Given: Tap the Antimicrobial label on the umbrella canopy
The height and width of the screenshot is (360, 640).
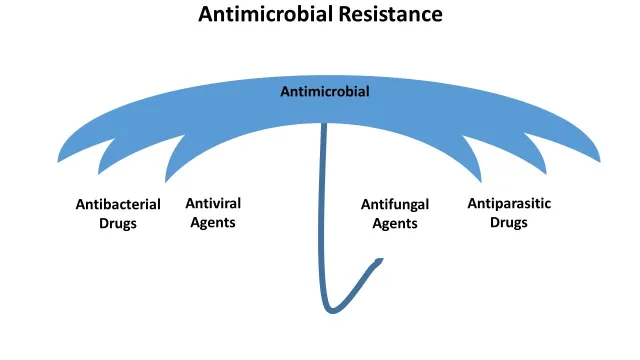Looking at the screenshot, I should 325,92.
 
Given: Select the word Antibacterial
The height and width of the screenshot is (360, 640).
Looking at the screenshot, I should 118,204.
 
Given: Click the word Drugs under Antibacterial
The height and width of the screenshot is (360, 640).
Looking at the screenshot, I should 118,223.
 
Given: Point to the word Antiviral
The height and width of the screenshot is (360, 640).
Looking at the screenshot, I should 213,203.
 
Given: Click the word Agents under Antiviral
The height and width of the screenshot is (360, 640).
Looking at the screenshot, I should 213,222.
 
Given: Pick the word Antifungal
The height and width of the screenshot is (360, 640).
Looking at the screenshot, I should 395,204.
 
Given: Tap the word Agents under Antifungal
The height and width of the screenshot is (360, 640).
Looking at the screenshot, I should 395,223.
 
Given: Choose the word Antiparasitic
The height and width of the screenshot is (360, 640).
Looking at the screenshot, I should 509,203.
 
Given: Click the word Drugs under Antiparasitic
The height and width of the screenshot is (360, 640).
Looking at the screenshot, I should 509,222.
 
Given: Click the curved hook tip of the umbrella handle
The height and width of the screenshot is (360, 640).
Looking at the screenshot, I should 380,261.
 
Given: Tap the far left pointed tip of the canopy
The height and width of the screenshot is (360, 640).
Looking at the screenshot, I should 59,161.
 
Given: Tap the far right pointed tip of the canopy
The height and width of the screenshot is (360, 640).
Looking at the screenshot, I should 600,161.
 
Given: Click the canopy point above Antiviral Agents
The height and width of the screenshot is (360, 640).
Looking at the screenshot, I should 166,182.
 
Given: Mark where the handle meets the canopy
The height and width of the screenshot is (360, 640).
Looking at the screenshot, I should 323,125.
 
